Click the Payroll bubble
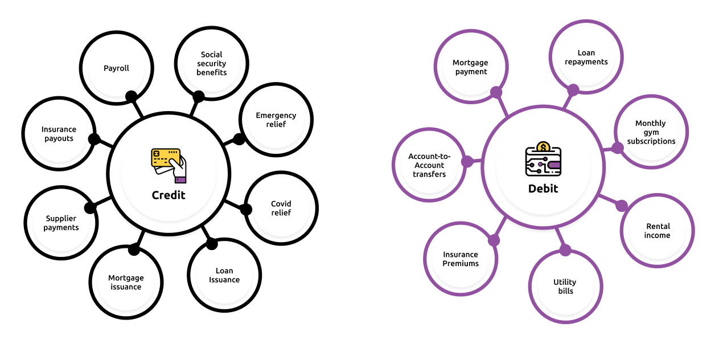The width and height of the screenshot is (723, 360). click(116, 68)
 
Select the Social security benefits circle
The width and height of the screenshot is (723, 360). click(212, 63)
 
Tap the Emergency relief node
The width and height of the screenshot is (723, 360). click(276, 120)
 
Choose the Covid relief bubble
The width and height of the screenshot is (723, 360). click(281, 208)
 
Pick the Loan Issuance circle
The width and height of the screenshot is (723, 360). click(224, 275)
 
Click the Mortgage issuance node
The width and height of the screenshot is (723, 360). click(126, 283)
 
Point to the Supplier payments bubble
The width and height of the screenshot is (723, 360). click(61, 223)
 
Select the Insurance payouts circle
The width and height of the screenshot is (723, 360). click(59, 134)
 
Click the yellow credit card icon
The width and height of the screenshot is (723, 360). click(166, 158)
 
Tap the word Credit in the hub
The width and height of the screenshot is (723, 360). click(169, 195)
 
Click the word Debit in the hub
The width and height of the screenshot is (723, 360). click(543, 189)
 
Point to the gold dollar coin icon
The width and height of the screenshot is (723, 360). click(543, 148)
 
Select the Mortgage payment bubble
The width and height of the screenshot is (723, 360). click(471, 67)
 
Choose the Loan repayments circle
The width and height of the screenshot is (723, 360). click(586, 58)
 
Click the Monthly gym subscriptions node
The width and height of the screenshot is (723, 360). click(651, 132)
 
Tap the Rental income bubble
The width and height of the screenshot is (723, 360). click(658, 231)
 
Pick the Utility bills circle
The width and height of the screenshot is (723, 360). click(565, 287)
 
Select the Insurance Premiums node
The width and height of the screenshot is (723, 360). click(461, 259)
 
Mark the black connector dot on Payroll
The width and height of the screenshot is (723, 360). click(132, 96)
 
